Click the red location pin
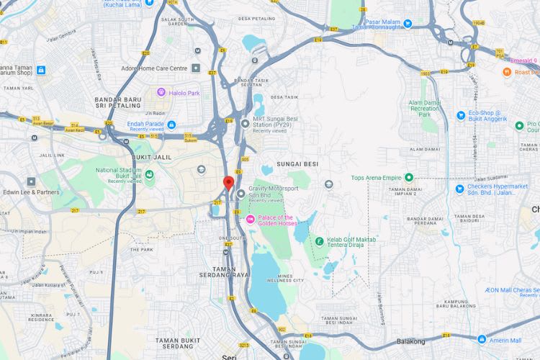pyautogui.click(x=229, y=181)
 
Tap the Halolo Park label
pyautogui.click(x=183, y=93)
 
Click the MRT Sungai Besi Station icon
pyautogui.click(x=246, y=124)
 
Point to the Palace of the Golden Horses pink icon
pyautogui.click(x=251, y=219)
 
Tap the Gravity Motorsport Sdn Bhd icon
pyautogui.click(x=240, y=193)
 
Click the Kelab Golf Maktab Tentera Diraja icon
pyautogui.click(x=319, y=240)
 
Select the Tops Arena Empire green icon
pyautogui.click(x=408, y=177)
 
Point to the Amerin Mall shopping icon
pyautogui.click(x=482, y=340)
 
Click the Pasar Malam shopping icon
pyautogui.click(x=408, y=24)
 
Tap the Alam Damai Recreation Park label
pyautogui.click(x=424, y=108)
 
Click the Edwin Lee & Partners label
pyautogui.click(x=31, y=192)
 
